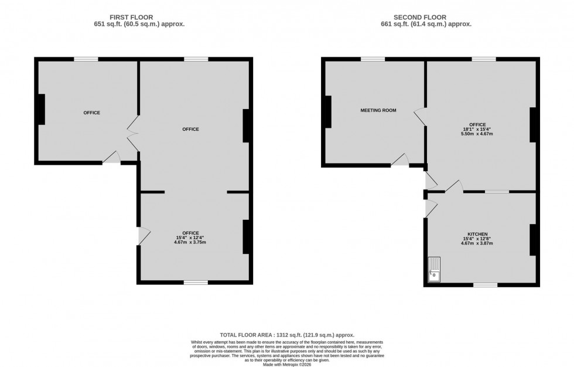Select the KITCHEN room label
point(477,234)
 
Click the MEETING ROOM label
point(378,110)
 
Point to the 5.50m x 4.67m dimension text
point(477,134)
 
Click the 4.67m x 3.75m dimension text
point(190,242)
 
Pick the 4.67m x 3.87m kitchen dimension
point(477,243)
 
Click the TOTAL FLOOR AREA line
point(287,334)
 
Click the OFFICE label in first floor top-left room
point(91,113)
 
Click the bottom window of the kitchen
point(486,285)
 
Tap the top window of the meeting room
point(373,59)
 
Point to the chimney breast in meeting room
point(329,111)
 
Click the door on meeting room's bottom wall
point(400,161)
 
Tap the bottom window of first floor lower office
point(196,283)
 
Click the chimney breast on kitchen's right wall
point(533,239)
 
